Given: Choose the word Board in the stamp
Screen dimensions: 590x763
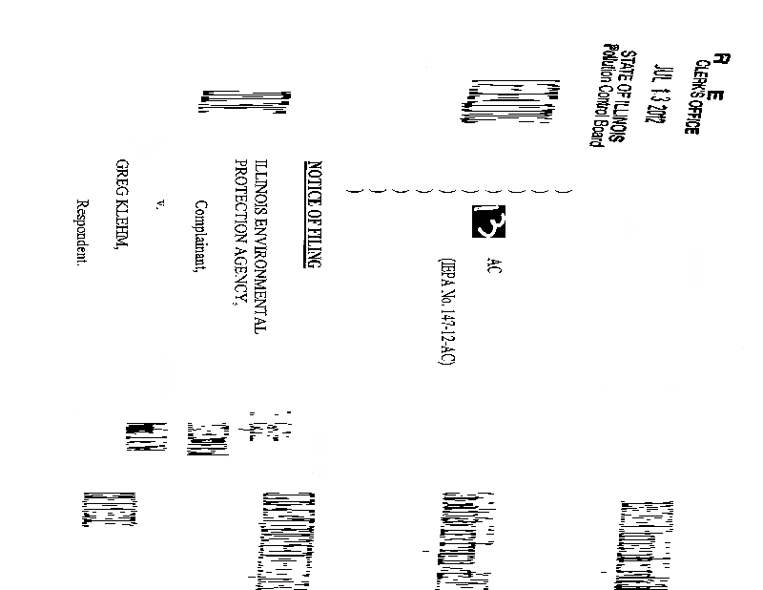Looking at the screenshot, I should click(x=600, y=131).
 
